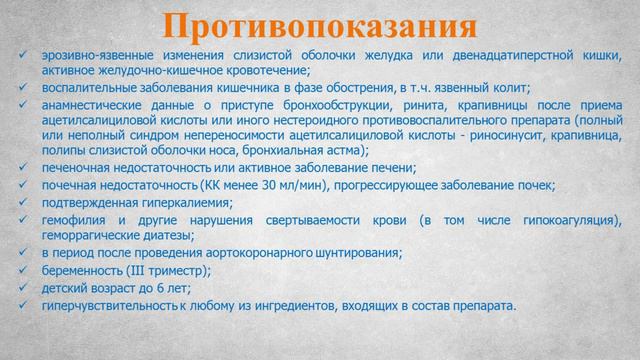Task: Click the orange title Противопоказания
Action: click(319, 25)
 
